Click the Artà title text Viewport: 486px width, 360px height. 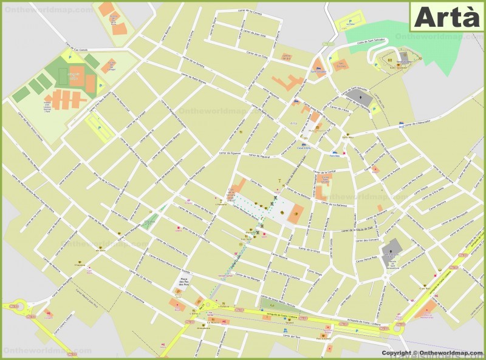point(447,17)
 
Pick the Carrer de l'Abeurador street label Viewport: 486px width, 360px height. point(416,124)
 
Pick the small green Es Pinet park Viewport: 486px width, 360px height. point(149,222)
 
